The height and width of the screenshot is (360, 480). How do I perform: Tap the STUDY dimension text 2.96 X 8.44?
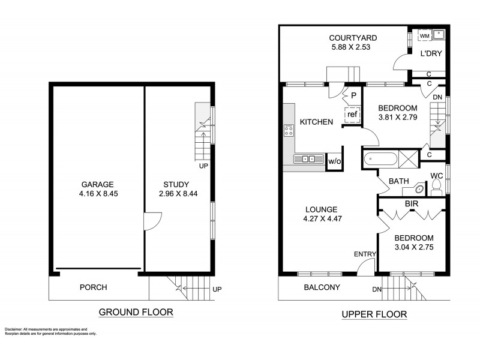176,194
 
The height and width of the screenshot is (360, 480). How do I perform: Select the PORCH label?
93,287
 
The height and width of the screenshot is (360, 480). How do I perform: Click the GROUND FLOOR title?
136,312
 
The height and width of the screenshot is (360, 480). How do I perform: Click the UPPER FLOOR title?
374,314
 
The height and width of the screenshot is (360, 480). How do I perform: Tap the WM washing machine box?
424,37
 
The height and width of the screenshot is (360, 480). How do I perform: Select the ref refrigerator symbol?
352,114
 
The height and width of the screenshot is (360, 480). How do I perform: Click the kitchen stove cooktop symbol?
288,129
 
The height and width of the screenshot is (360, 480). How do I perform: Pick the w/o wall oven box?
333,161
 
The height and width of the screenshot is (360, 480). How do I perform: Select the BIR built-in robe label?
411,204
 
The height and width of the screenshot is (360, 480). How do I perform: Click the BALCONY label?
322,287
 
